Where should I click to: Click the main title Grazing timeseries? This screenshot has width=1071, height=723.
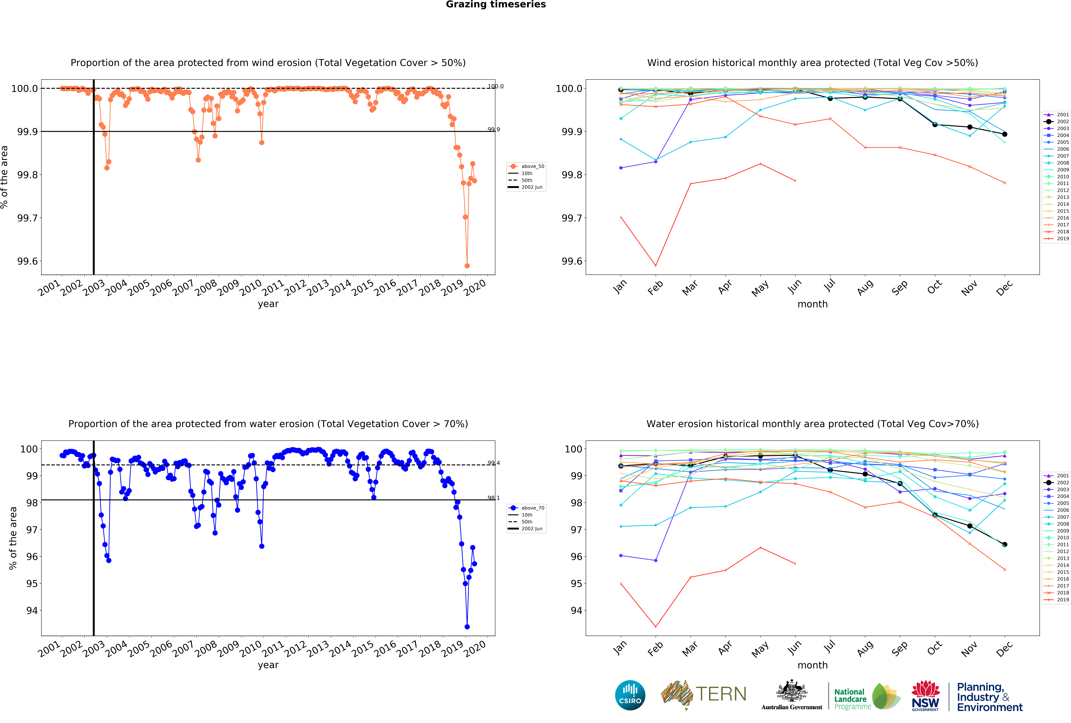click(x=496, y=5)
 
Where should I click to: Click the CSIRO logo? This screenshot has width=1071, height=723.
click(x=630, y=695)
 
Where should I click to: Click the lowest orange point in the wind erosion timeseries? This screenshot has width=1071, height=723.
click(x=467, y=266)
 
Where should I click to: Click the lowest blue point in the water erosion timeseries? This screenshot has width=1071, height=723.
click(x=467, y=627)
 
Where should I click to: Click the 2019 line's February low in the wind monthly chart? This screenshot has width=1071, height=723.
click(x=655, y=266)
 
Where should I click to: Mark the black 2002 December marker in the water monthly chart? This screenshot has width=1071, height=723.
click(x=1005, y=544)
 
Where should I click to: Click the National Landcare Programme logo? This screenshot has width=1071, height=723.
click(x=866, y=696)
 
